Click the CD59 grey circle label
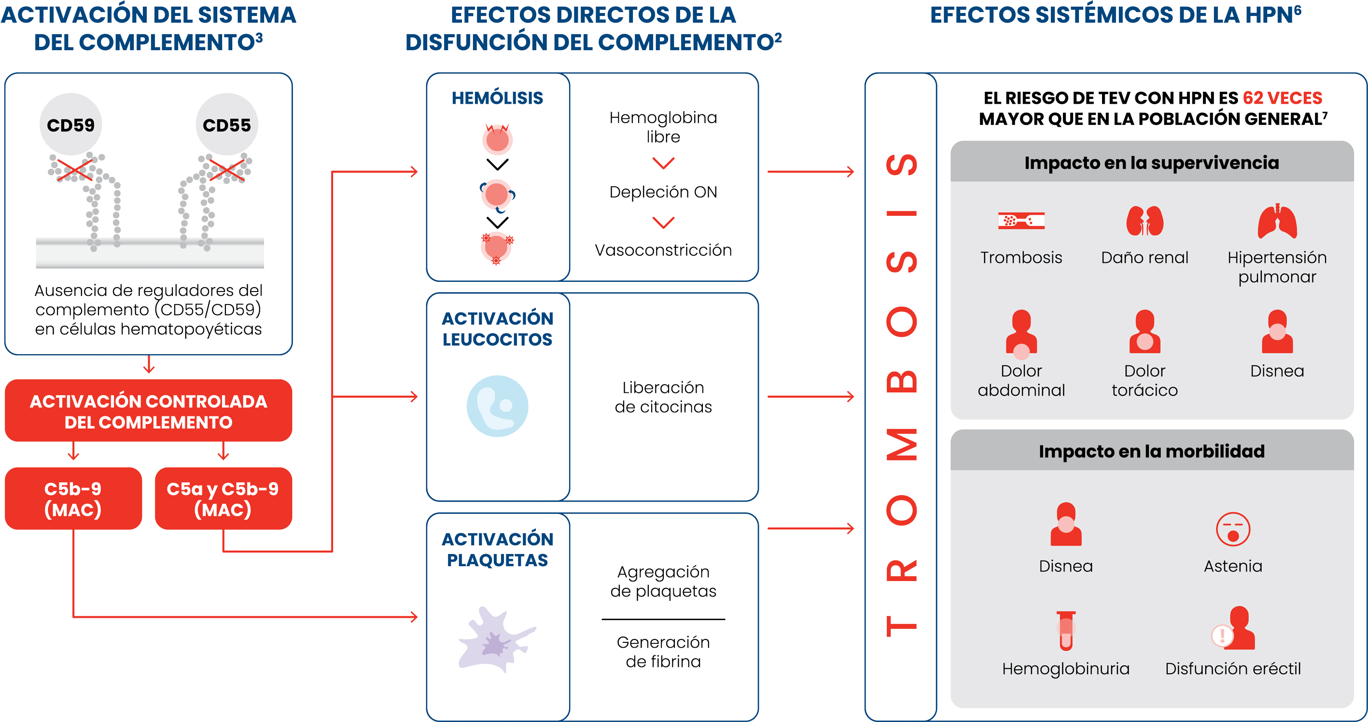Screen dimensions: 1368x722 coord(70,124)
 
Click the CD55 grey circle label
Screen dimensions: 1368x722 coord(227,124)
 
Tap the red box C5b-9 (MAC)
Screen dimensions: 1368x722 coord(73,499)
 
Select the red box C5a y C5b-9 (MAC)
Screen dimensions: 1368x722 coord(223,499)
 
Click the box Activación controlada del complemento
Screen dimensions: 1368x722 coord(149,411)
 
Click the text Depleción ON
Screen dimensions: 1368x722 coord(663,192)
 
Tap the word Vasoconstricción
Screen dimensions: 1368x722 coord(663,250)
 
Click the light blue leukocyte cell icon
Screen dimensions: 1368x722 coord(498,406)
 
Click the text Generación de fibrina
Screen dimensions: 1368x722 coord(663,652)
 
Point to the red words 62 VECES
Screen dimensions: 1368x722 coord(1283,98)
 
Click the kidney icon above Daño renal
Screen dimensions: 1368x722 coord(1145,220)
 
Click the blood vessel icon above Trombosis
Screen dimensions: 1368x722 coord(1021,220)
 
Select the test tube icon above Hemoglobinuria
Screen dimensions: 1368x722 coord(1066,631)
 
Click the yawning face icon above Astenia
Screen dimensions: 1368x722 coord(1233,529)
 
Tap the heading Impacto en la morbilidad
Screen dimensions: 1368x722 coord(1152,451)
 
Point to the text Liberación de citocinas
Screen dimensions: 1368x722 coord(663,397)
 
